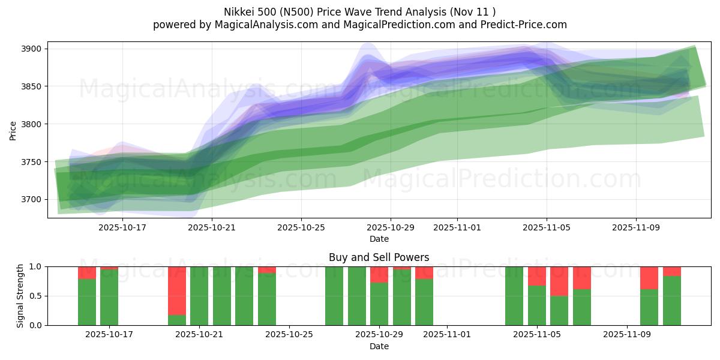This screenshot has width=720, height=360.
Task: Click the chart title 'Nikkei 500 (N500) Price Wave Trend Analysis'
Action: (359, 11)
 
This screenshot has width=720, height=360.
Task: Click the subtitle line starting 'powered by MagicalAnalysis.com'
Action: (359, 25)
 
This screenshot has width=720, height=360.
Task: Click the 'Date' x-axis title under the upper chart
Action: (379, 239)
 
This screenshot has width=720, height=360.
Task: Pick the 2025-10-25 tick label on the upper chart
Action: (301, 228)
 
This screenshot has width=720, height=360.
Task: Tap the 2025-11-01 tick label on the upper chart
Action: (457, 228)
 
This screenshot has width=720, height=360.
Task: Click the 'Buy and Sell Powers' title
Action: (379, 257)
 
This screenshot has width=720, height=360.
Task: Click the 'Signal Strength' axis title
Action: (20, 296)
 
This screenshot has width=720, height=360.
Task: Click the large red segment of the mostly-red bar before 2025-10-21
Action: (177, 290)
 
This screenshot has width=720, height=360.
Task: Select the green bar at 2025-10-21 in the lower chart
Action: (199, 296)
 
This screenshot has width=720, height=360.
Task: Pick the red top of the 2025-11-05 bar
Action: (537, 276)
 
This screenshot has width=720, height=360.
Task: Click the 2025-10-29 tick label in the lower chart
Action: (380, 335)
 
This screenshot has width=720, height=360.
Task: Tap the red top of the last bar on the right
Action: (672, 271)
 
